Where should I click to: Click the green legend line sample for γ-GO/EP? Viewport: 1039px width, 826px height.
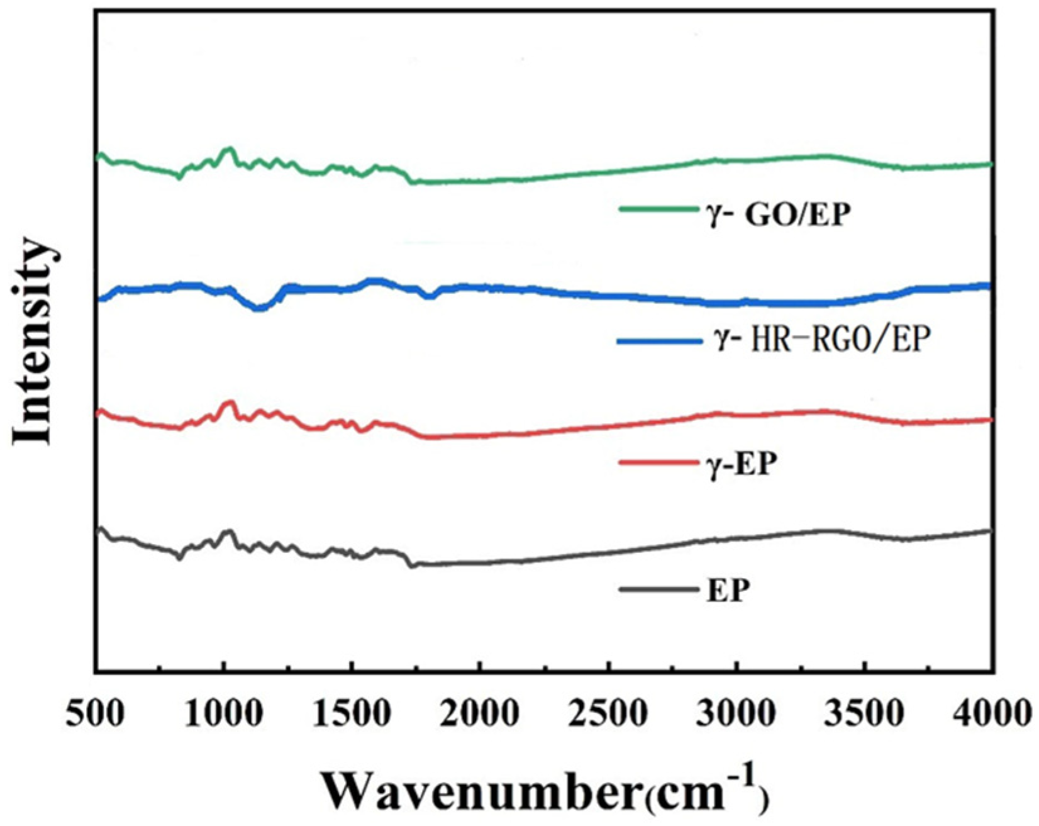click(x=659, y=209)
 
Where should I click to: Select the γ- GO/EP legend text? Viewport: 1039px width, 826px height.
click(x=777, y=215)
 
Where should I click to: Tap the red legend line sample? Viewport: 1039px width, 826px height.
click(x=659, y=463)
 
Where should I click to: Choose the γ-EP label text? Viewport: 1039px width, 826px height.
click(x=740, y=466)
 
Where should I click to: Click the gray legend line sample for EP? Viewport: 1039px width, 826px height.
click(x=659, y=589)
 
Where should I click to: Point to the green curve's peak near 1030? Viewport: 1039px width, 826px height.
click(x=229, y=150)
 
